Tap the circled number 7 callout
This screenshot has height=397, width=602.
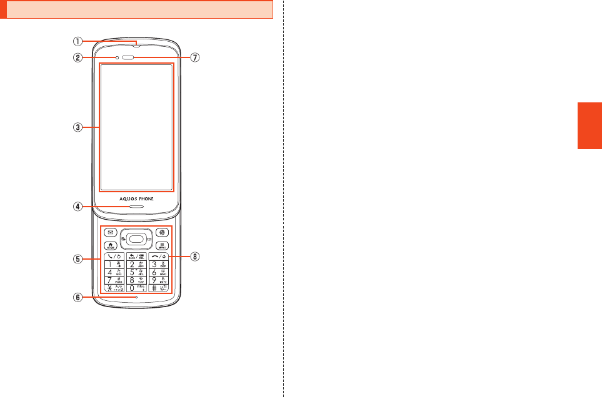point(195,57)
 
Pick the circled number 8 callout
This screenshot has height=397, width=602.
point(195,256)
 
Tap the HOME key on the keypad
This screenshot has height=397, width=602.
point(111,246)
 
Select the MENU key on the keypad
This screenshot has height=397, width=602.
point(161,246)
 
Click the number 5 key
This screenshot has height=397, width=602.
point(136,272)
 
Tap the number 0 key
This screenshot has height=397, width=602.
point(136,288)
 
